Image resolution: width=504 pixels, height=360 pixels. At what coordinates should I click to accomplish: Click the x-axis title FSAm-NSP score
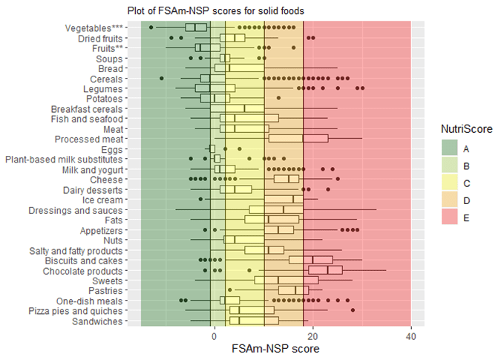275,348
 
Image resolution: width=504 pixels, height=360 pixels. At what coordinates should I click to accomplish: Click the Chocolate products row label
82,271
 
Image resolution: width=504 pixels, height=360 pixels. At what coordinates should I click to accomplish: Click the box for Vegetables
196,27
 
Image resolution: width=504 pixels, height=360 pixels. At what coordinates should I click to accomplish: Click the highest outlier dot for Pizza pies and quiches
353,310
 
